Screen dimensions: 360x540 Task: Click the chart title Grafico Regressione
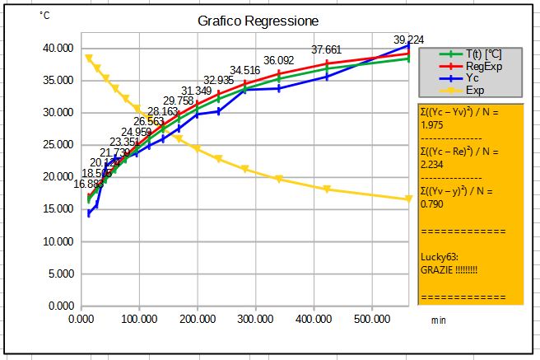click(258, 21)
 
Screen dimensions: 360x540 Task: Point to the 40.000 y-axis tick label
click(58, 49)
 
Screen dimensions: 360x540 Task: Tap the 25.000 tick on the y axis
click(58, 145)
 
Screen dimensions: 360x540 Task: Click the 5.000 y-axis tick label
click(60, 274)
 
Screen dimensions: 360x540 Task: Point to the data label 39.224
click(408, 40)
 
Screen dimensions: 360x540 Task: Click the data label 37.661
click(326, 50)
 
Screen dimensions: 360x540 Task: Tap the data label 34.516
click(244, 70)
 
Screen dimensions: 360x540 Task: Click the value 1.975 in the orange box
click(432, 125)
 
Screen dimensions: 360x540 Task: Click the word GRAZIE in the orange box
click(435, 269)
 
